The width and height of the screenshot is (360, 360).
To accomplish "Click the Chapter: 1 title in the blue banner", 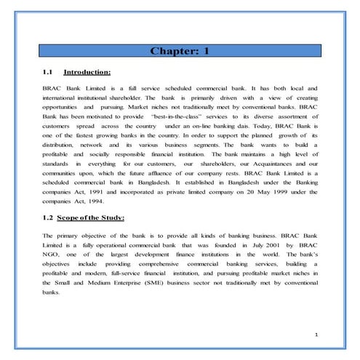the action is pos(180,51).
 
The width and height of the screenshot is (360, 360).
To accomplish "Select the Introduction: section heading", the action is pos(87,73).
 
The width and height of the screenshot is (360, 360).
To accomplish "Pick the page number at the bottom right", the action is pos(317,334).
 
